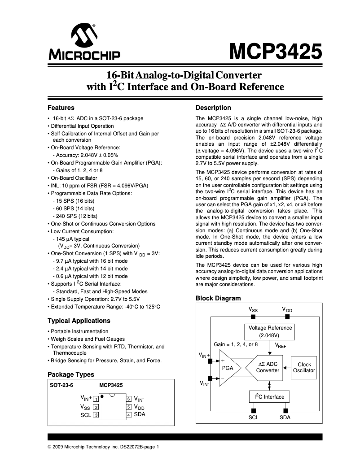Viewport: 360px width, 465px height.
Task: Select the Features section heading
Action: point(61,108)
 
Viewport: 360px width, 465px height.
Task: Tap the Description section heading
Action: point(213,108)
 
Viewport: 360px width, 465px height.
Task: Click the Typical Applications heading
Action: point(79,321)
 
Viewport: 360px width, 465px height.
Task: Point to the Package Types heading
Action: point(71,374)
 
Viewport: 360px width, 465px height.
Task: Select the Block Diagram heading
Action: point(218,298)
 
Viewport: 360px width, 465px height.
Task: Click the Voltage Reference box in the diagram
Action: point(270,331)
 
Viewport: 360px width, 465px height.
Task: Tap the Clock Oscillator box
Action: point(304,367)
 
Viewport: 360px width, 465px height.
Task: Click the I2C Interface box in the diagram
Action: point(269,397)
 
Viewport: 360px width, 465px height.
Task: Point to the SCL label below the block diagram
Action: point(254,417)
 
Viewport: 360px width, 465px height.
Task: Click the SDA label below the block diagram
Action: point(285,417)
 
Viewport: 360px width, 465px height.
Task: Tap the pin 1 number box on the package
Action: point(96,399)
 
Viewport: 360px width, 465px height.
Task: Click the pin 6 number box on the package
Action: point(129,399)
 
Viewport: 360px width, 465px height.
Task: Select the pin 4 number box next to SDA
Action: point(129,415)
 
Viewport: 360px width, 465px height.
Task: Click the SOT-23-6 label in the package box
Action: point(61,385)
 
